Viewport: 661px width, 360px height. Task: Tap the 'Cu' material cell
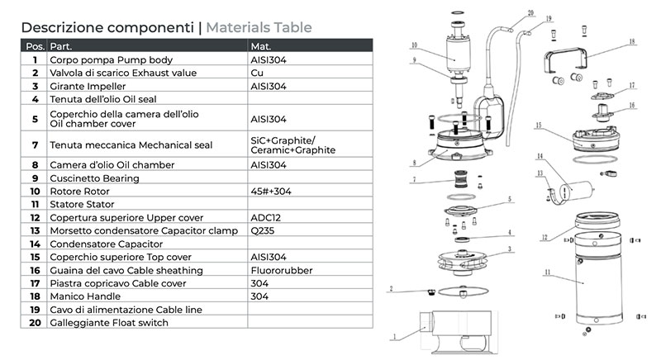click(x=255, y=73)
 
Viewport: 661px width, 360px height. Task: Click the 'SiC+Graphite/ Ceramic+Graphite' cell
click(x=292, y=145)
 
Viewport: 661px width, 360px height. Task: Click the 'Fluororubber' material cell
click(x=278, y=271)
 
